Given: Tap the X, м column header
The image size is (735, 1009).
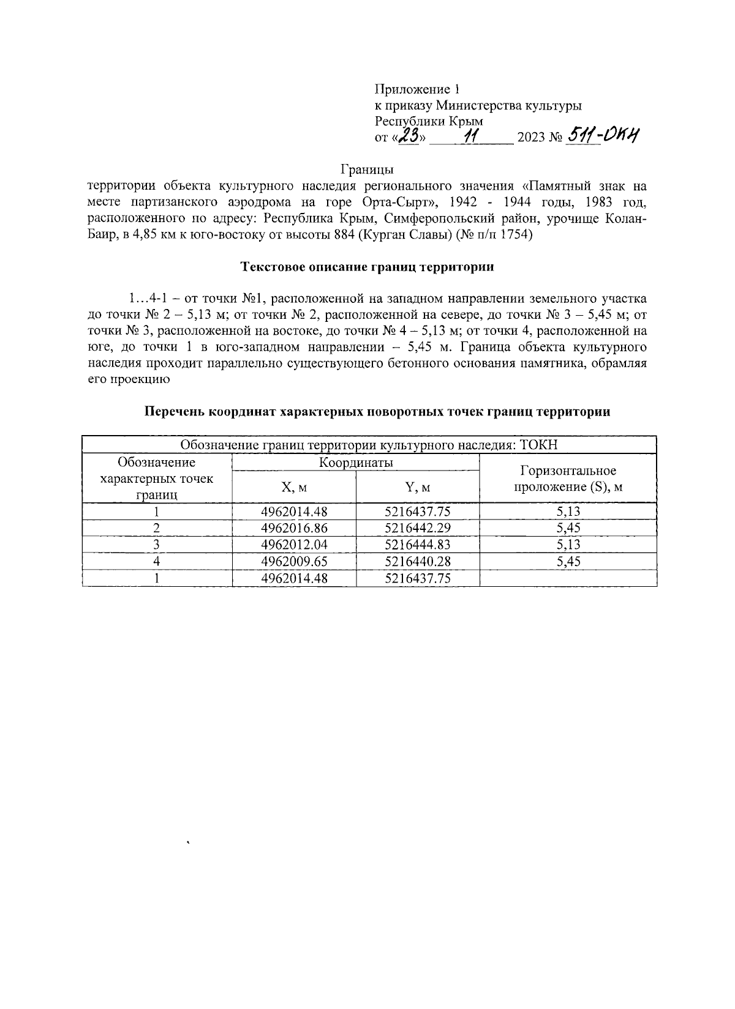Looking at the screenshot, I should (294, 487).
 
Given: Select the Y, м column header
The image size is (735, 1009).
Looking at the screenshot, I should (418, 487).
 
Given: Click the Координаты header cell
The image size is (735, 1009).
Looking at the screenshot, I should (356, 463).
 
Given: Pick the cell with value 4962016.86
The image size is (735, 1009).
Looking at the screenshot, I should (294, 528).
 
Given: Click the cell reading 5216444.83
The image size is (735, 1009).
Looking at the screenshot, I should (418, 545).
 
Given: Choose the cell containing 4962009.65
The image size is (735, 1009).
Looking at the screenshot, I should (294, 561).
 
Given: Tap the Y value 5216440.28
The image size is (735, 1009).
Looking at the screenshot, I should (418, 561).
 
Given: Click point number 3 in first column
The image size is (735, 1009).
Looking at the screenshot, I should (157, 545).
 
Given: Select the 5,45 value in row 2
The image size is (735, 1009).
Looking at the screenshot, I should (568, 528).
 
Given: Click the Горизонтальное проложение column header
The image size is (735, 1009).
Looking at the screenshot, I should (568, 478).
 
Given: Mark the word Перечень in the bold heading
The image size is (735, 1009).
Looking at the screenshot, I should (174, 412).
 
